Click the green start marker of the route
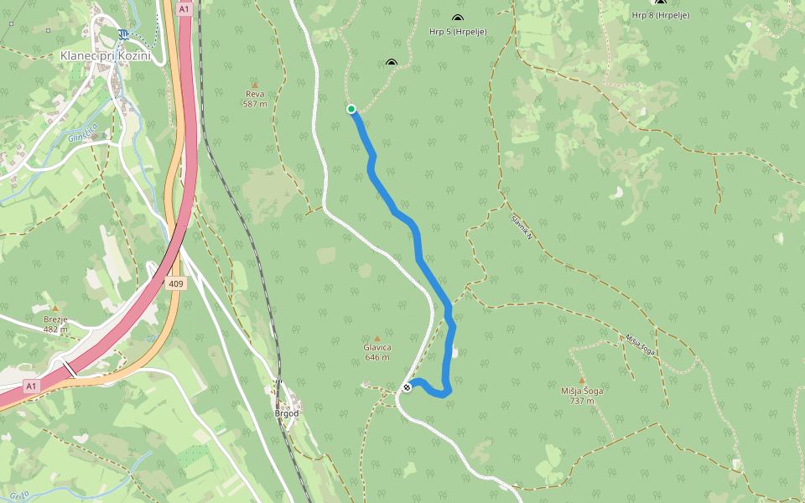(x=351, y=108)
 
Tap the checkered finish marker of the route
(x=407, y=386)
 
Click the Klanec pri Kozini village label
(x=105, y=55)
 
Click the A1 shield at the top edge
(x=184, y=8)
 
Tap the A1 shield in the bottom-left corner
(x=32, y=385)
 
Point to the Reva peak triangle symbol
(x=255, y=85)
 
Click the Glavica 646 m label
(x=377, y=352)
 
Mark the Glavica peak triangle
(x=377, y=338)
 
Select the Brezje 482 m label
(x=55, y=324)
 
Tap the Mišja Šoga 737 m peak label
(x=582, y=395)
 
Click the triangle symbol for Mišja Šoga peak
(x=581, y=380)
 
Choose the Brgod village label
(x=287, y=413)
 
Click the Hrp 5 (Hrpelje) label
(x=458, y=32)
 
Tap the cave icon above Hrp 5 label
(x=458, y=18)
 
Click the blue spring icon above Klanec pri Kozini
(x=124, y=34)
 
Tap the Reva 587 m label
(x=255, y=99)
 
